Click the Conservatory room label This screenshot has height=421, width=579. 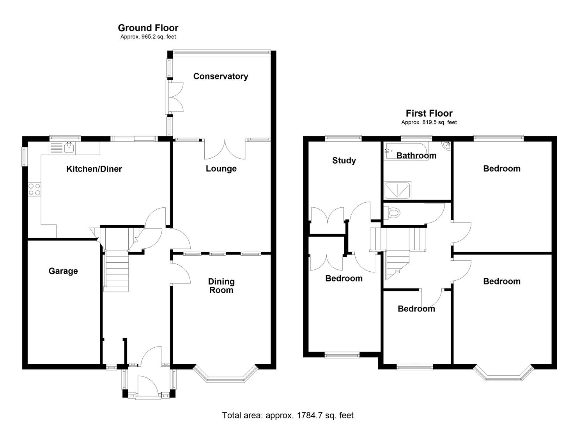click(220, 76)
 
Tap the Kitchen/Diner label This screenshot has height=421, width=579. click(94, 169)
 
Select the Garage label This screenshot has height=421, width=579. click(63, 271)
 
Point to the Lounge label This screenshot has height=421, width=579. click(221, 168)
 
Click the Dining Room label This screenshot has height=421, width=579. click(221, 286)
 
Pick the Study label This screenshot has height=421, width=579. click(344, 161)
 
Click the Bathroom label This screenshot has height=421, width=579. click(416, 156)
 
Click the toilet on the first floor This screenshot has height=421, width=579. click(393, 213)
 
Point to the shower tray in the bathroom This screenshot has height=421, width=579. click(397, 191)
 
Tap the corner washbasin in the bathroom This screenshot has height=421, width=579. click(446, 145)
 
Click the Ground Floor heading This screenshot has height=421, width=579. click(148, 28)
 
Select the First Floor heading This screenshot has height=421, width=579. click(429, 113)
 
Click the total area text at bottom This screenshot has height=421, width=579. click(288, 415)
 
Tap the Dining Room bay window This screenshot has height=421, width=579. click(225, 376)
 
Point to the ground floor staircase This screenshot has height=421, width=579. click(116, 269)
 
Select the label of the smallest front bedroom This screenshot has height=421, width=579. click(416, 309)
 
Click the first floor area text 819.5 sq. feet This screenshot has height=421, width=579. click(429, 122)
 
